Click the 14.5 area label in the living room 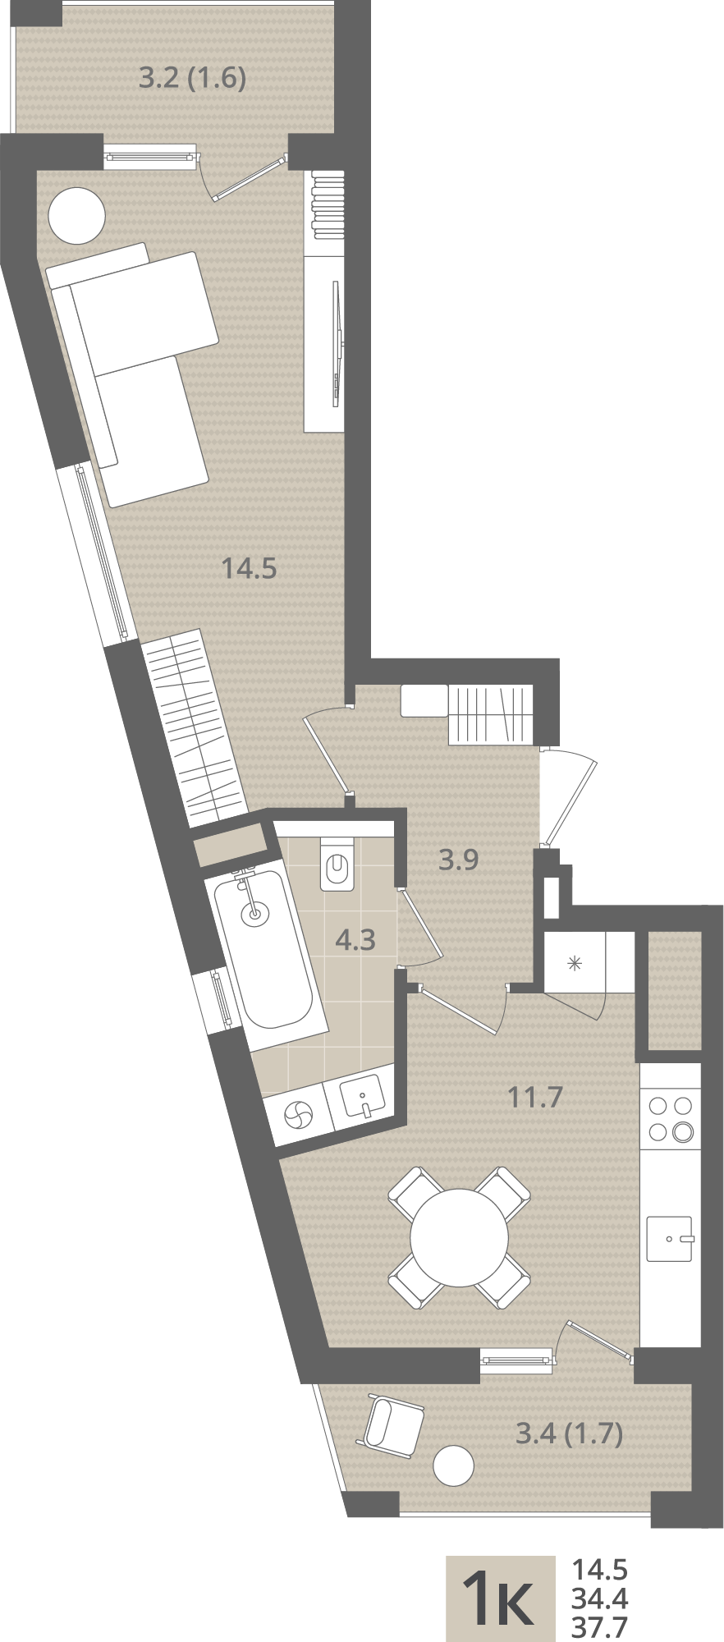point(250,567)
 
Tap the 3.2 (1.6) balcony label point(193,78)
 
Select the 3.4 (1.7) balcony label point(569,1433)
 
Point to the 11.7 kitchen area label point(535,1096)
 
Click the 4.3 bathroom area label point(355,939)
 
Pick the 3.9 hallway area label point(458,860)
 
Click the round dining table point(460,1237)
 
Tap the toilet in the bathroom point(336,863)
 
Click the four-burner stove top point(671,1118)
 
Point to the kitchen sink point(670,1238)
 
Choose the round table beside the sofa point(77,215)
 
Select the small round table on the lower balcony point(453,1465)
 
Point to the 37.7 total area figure point(599,1626)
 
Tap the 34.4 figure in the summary point(599,1598)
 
